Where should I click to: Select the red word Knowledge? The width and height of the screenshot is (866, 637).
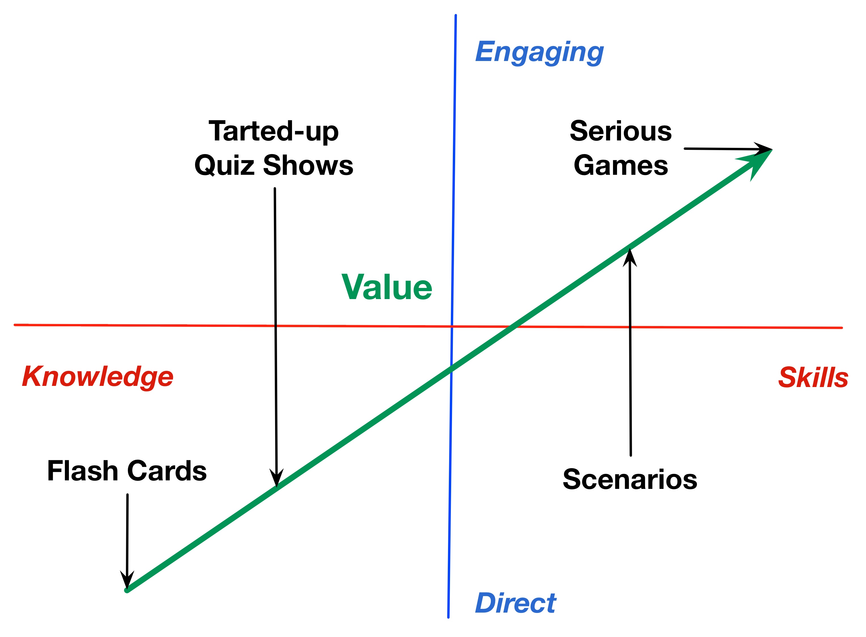98,377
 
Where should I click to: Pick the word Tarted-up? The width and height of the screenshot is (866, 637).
273,131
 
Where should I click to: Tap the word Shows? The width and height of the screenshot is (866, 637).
308,165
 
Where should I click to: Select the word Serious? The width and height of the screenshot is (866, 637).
620,131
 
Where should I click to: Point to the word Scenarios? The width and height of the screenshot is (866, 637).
630,479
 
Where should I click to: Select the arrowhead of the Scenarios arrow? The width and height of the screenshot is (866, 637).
630,258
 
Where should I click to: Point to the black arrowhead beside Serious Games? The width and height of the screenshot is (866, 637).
764,149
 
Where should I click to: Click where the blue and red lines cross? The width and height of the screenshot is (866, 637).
452,327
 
